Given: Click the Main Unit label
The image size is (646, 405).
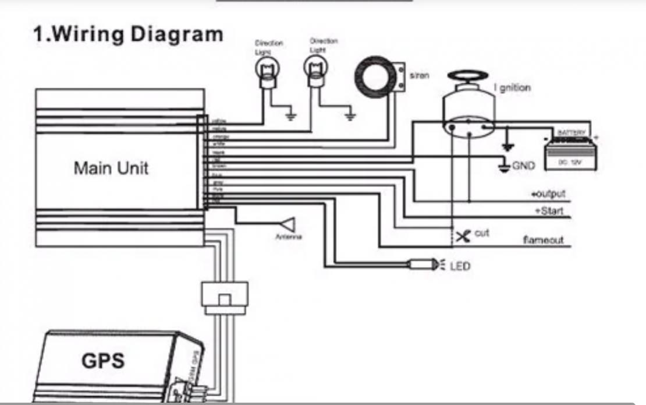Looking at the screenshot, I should pos(111,168).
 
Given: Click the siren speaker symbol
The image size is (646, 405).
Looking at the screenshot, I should pos(375,77).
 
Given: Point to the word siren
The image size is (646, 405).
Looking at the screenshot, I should pos(419,76).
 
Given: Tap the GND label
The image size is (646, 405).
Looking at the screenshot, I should pos(523,166).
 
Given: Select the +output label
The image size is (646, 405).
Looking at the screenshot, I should pos(547,194).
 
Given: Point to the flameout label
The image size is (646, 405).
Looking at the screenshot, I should pos(543,240).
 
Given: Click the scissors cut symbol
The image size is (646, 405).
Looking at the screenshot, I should pos(463,236).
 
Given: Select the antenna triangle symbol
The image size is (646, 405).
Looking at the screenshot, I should pos(288,225).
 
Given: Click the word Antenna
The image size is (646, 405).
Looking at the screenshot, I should pos(289,237).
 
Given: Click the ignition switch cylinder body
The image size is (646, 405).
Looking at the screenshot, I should pos(468,111).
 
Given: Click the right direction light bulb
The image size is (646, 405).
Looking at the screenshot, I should pos(315,69).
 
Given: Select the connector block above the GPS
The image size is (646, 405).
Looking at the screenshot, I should pos(224,295).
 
